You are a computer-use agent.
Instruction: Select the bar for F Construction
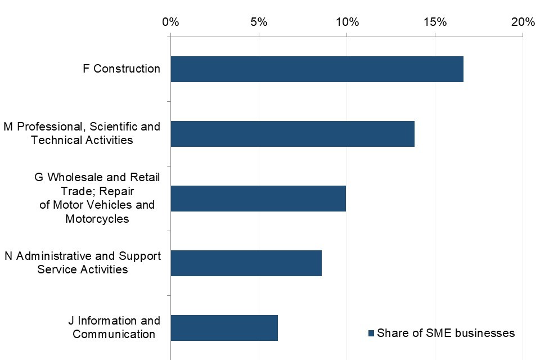[x=317, y=69]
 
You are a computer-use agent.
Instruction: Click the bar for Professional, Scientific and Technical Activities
[x=292, y=134]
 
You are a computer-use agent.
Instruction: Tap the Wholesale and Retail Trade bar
[x=258, y=199]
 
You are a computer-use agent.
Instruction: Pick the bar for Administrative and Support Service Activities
[x=246, y=263]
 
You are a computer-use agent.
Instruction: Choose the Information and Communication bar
[x=224, y=328]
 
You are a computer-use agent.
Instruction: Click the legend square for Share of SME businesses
[x=371, y=334]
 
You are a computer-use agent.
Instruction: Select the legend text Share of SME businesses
[x=445, y=333]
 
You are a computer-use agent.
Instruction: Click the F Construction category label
[x=121, y=69]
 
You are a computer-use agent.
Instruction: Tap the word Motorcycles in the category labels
[x=97, y=219]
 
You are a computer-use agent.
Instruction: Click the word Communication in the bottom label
[x=114, y=334]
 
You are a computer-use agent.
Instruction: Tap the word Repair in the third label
[x=117, y=191]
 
